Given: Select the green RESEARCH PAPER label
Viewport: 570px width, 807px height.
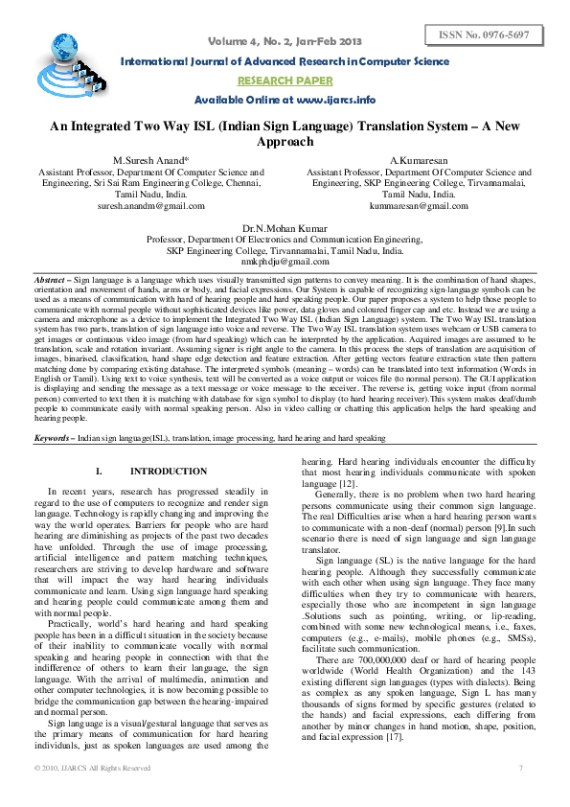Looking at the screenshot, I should (x=285, y=81).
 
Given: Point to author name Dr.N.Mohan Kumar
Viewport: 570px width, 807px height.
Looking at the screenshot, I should (x=285, y=229).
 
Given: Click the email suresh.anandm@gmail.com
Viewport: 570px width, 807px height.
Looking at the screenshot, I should (x=151, y=205).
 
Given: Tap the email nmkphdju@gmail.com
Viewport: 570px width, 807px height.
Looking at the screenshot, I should (x=285, y=261).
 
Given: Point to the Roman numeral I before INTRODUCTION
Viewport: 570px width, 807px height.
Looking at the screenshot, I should (x=99, y=472).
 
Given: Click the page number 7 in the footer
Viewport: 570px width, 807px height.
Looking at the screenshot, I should (x=521, y=768).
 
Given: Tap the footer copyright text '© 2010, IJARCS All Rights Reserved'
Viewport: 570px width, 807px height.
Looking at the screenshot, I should (x=92, y=768).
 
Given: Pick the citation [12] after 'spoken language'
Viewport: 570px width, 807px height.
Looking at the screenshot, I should (x=346, y=485).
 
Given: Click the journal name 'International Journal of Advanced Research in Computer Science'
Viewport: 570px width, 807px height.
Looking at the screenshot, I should (x=285, y=62).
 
